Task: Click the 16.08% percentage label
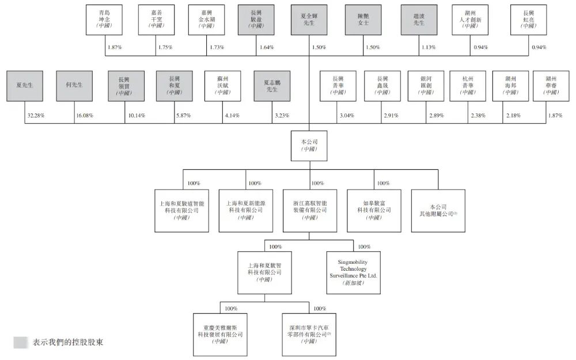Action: [x=85, y=116]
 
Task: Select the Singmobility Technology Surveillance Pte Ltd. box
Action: [x=353, y=272]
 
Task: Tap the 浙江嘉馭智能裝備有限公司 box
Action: [x=309, y=211]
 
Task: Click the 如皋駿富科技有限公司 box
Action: [x=373, y=211]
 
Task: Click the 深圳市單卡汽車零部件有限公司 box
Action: [x=309, y=334]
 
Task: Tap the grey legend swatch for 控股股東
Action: [x=20, y=342]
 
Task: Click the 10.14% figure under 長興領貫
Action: [x=135, y=116]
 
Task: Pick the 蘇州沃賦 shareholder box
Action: [x=223, y=85]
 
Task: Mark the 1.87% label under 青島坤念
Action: [x=115, y=47]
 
